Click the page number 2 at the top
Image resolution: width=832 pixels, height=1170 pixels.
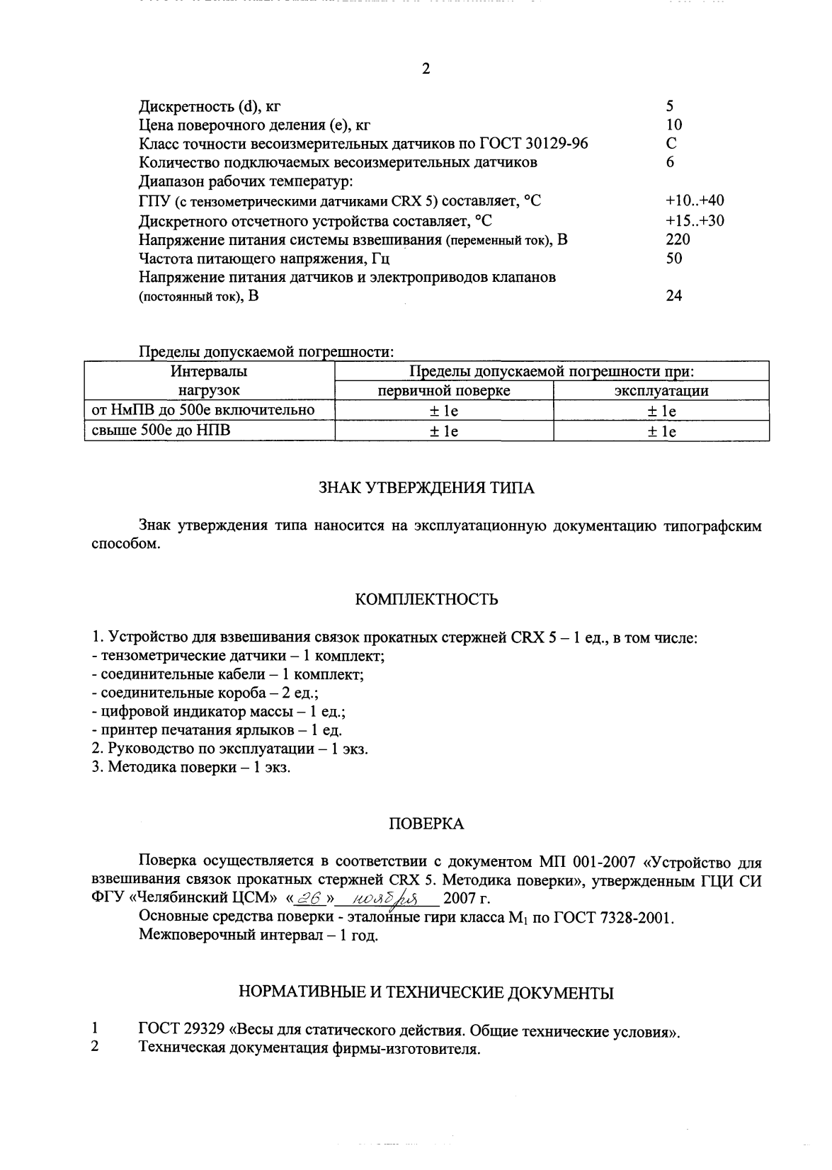pos(425,69)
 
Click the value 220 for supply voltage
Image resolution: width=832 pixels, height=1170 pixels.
pos(678,239)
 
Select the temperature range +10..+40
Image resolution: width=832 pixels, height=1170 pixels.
pos(695,201)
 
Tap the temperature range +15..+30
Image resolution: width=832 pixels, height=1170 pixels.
pos(695,220)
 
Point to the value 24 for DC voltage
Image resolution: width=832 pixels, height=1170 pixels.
pos(674,296)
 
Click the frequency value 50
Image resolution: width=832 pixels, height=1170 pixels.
pos(674,259)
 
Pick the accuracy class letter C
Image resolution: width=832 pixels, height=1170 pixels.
pos(671,144)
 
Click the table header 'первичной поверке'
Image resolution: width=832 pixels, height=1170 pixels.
pos(443,391)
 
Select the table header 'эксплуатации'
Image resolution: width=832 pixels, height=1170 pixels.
pos(661,391)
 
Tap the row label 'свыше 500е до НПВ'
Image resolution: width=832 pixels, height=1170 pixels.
pos(161,430)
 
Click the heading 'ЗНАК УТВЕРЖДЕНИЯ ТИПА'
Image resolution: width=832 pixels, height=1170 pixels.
pos(426,488)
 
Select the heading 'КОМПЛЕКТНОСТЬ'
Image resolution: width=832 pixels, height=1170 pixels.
pos(426,600)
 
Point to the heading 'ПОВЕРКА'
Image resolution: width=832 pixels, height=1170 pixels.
pos(426,824)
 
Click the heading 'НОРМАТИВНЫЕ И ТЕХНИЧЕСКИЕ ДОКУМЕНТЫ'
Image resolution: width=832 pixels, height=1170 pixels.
pos(426,993)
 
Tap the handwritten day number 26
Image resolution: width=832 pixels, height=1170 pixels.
pos(309,897)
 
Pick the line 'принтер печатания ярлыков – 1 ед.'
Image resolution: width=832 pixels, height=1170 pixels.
pos(217,730)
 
